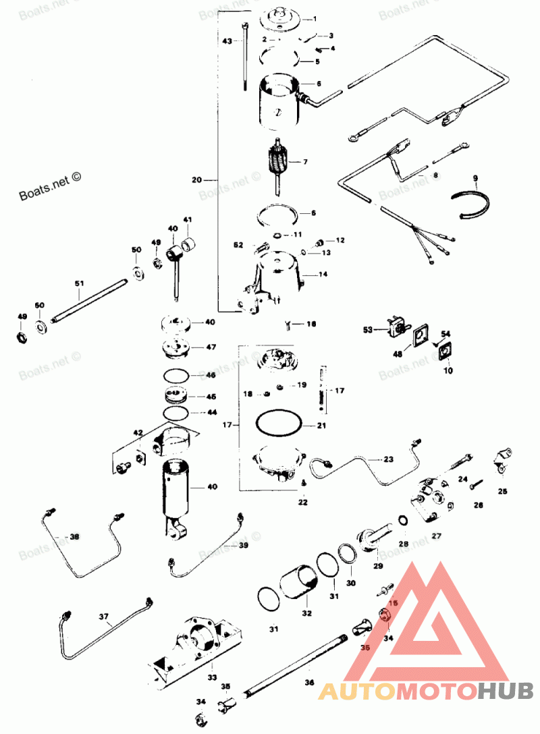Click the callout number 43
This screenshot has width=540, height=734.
click(x=227, y=40)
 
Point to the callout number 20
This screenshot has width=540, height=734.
click(x=197, y=180)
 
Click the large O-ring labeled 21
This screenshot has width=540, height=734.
click(x=277, y=425)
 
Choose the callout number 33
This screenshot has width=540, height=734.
click(x=212, y=677)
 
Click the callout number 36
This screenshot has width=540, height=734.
click(x=308, y=683)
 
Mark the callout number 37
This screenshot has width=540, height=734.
click(x=104, y=616)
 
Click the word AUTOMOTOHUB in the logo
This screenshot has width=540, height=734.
click(x=426, y=689)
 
